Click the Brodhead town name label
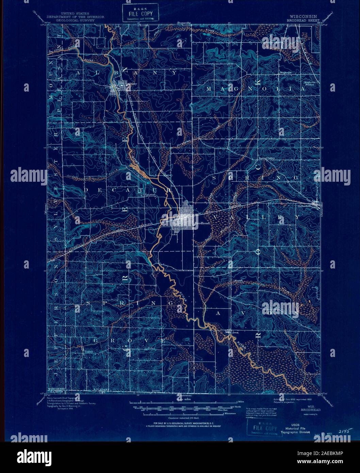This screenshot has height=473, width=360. [200, 223]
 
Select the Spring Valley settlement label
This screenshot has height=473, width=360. [266, 158]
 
